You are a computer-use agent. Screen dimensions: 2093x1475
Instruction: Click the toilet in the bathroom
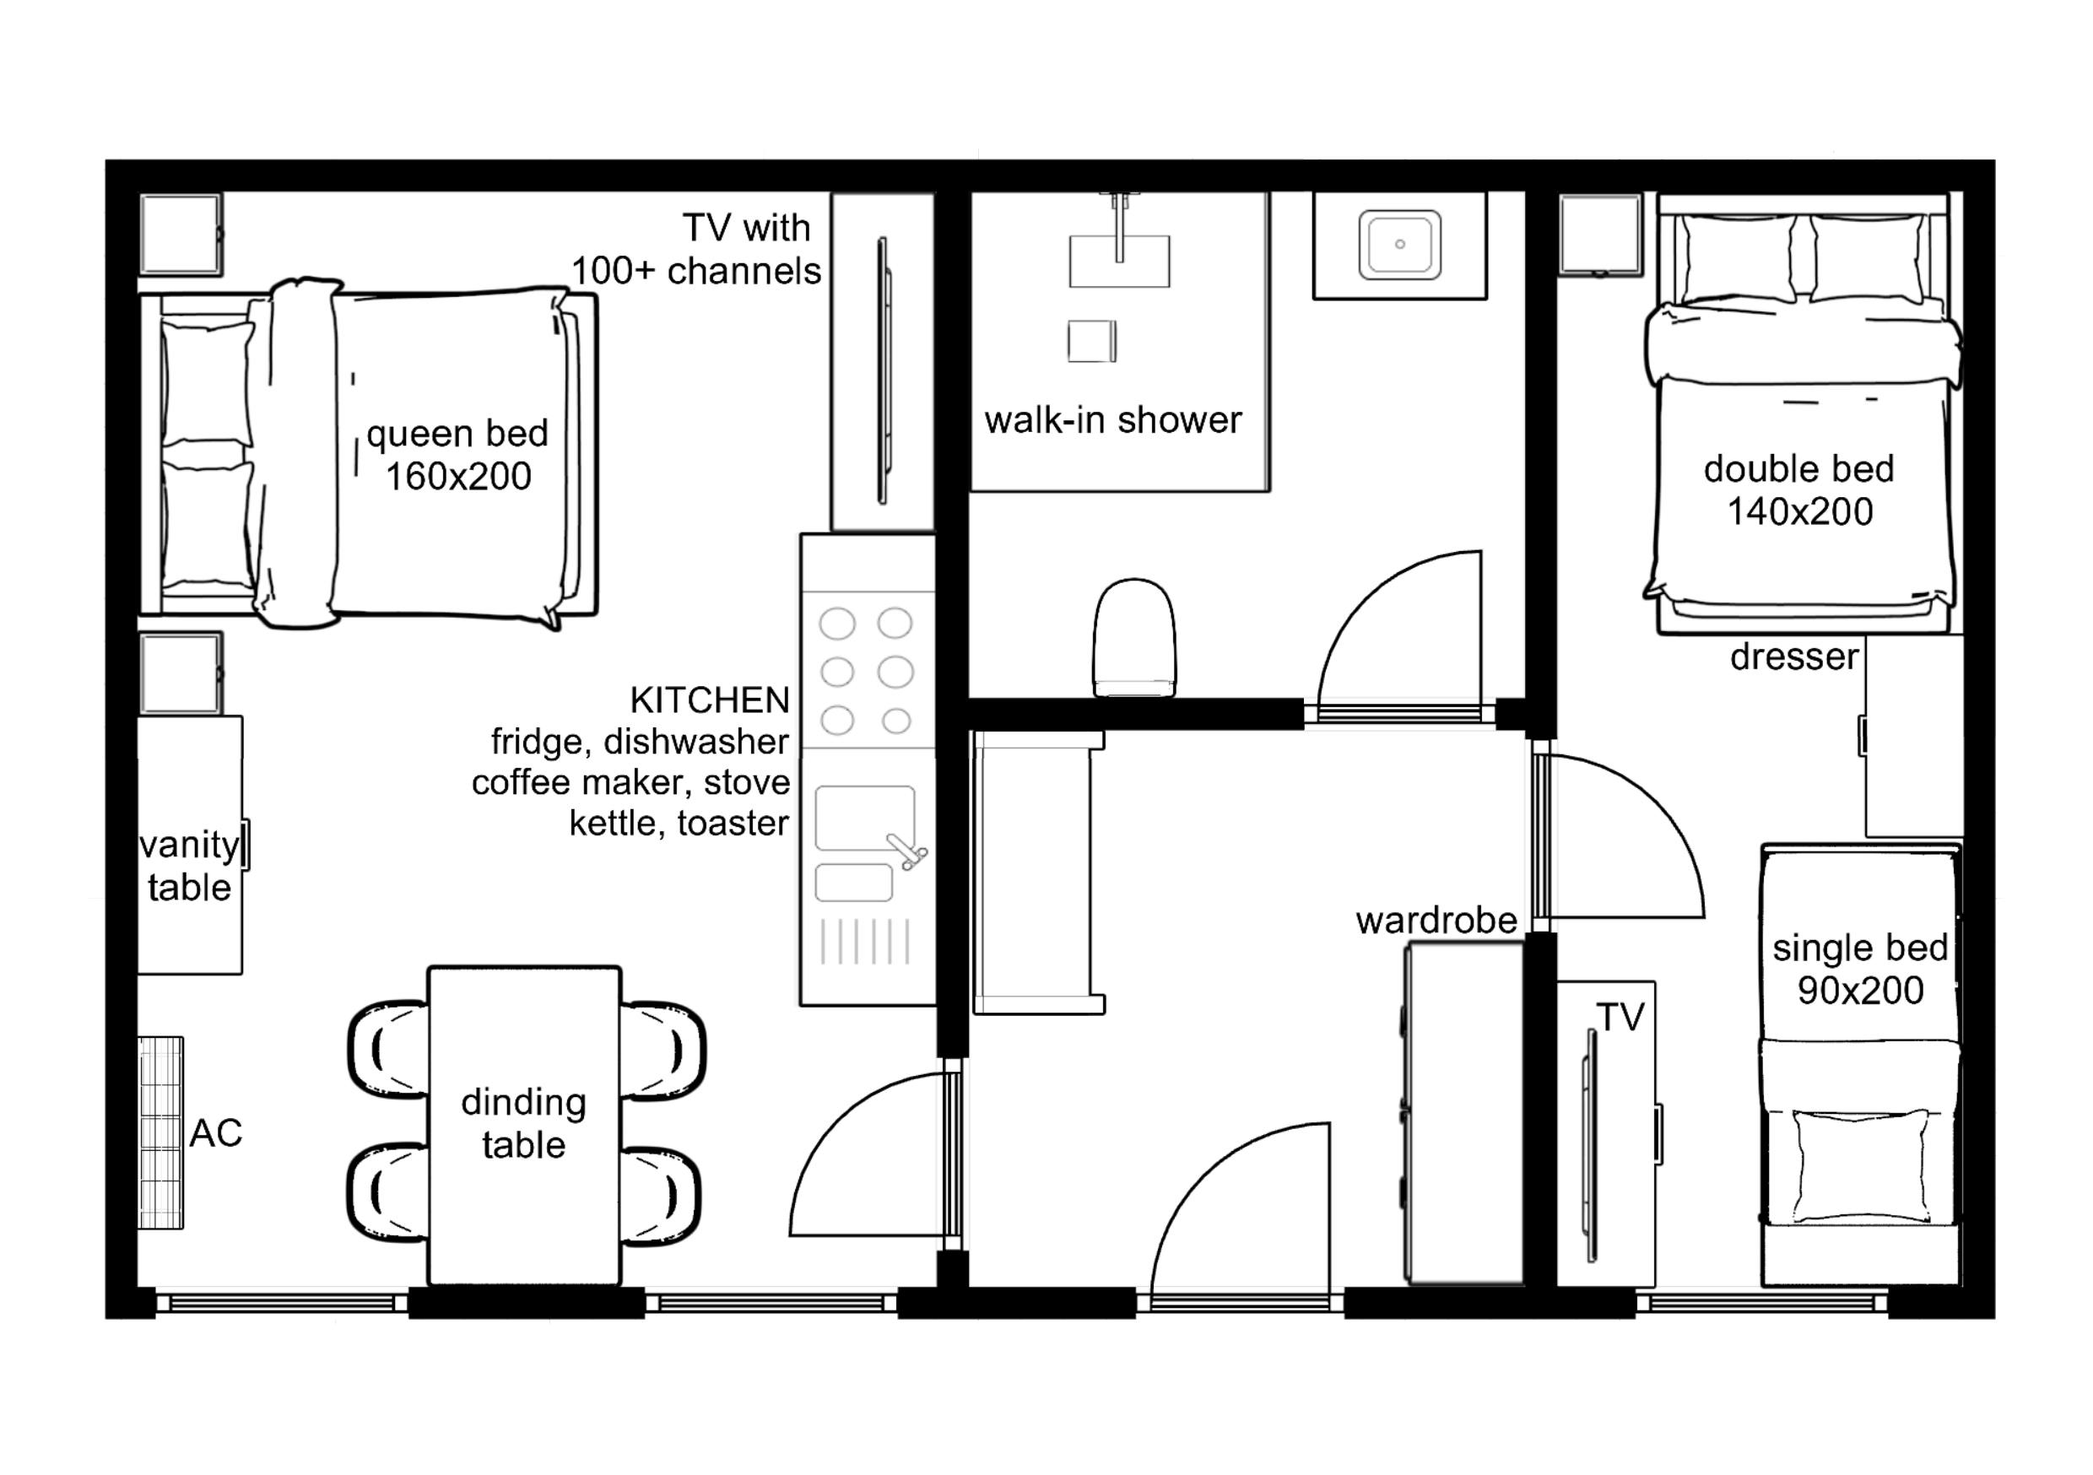coord(1134,637)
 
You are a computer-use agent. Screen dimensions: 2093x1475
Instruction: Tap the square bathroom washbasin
coord(1399,245)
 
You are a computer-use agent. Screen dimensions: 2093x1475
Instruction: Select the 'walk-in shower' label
coord(1113,420)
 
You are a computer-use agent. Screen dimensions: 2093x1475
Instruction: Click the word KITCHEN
coord(709,700)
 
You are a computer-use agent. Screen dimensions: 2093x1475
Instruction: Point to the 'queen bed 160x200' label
coord(457,454)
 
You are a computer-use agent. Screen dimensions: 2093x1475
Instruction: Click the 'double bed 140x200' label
coord(1799,490)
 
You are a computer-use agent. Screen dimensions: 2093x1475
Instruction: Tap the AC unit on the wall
coord(161,1132)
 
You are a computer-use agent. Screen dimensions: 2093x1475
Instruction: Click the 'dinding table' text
coord(524,1123)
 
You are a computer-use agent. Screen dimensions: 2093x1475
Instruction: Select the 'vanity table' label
coord(190,866)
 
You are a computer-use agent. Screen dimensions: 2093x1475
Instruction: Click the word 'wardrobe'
coord(1436,921)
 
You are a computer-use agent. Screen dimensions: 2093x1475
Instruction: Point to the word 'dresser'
coord(1794,656)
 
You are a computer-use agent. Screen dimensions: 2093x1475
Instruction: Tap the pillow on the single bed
coord(1859,1166)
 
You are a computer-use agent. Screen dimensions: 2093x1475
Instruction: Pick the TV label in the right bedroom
coord(1620,1018)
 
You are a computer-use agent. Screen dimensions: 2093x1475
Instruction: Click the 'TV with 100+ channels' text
coord(696,250)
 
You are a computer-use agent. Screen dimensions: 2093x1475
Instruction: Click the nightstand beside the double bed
coord(1601,235)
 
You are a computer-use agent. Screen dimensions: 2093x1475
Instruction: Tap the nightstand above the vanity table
coord(181,673)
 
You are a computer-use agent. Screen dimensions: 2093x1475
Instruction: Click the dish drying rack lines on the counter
coord(865,941)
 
